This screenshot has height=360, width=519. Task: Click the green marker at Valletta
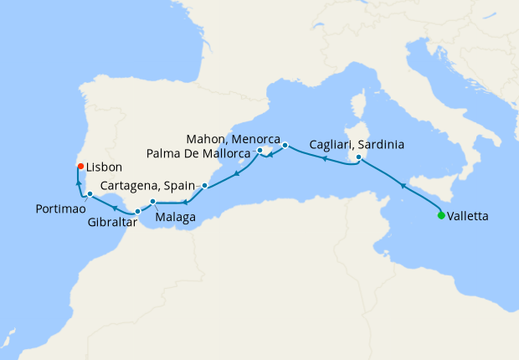click(x=441, y=215)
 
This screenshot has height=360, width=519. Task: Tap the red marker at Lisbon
click(x=80, y=166)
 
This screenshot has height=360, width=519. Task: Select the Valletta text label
click(x=470, y=215)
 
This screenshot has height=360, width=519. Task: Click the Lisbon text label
click(x=105, y=167)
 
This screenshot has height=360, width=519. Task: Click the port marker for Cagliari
click(x=359, y=157)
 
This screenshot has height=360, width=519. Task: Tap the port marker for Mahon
click(x=285, y=145)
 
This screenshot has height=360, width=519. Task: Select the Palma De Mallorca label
click(x=198, y=153)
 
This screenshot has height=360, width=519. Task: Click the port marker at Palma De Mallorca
click(x=259, y=151)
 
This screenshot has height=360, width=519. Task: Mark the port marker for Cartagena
click(x=204, y=185)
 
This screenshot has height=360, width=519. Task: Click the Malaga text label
click(x=175, y=218)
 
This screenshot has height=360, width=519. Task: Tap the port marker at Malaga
click(x=152, y=202)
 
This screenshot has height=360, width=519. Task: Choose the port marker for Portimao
click(x=90, y=194)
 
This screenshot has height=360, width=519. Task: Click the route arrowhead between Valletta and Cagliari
click(x=403, y=185)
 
